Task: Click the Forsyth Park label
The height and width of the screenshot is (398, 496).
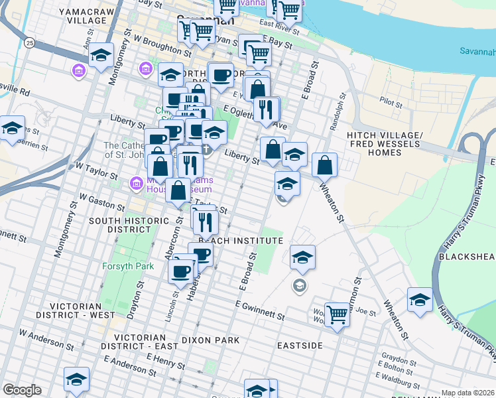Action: (127, 267)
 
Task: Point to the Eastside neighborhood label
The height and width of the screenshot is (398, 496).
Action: (300, 346)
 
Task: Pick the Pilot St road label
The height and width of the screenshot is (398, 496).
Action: (391, 103)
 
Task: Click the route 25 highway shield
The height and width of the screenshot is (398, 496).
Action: (29, 43)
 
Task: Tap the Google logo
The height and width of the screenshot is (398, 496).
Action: (22, 390)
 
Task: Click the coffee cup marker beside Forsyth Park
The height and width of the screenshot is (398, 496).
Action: (180, 271)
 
